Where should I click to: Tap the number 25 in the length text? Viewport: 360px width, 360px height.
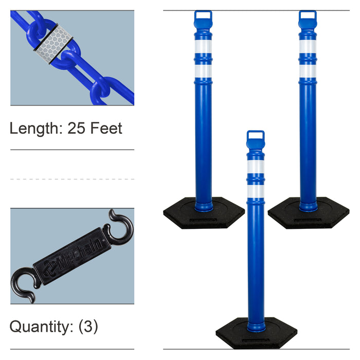pos(76,128)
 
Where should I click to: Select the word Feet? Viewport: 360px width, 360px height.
pos(106,128)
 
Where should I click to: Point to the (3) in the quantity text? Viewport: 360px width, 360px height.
pos(88,327)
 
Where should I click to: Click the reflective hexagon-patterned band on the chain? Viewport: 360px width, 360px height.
pos(53,44)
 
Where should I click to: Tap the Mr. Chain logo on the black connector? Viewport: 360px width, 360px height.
pos(73,256)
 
